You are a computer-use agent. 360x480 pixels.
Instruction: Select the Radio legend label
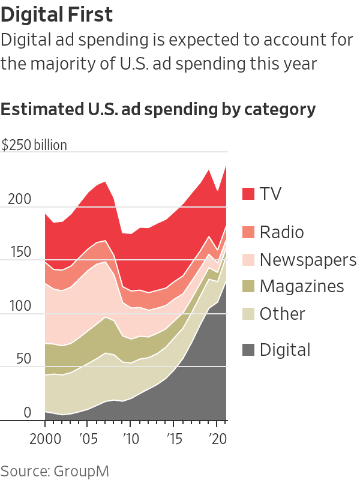281,232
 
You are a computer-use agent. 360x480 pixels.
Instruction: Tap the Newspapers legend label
308,260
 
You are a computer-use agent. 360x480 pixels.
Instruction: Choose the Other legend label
282,313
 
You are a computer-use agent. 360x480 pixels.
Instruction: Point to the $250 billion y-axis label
34,145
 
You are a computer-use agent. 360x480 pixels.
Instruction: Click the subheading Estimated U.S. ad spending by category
158,110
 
